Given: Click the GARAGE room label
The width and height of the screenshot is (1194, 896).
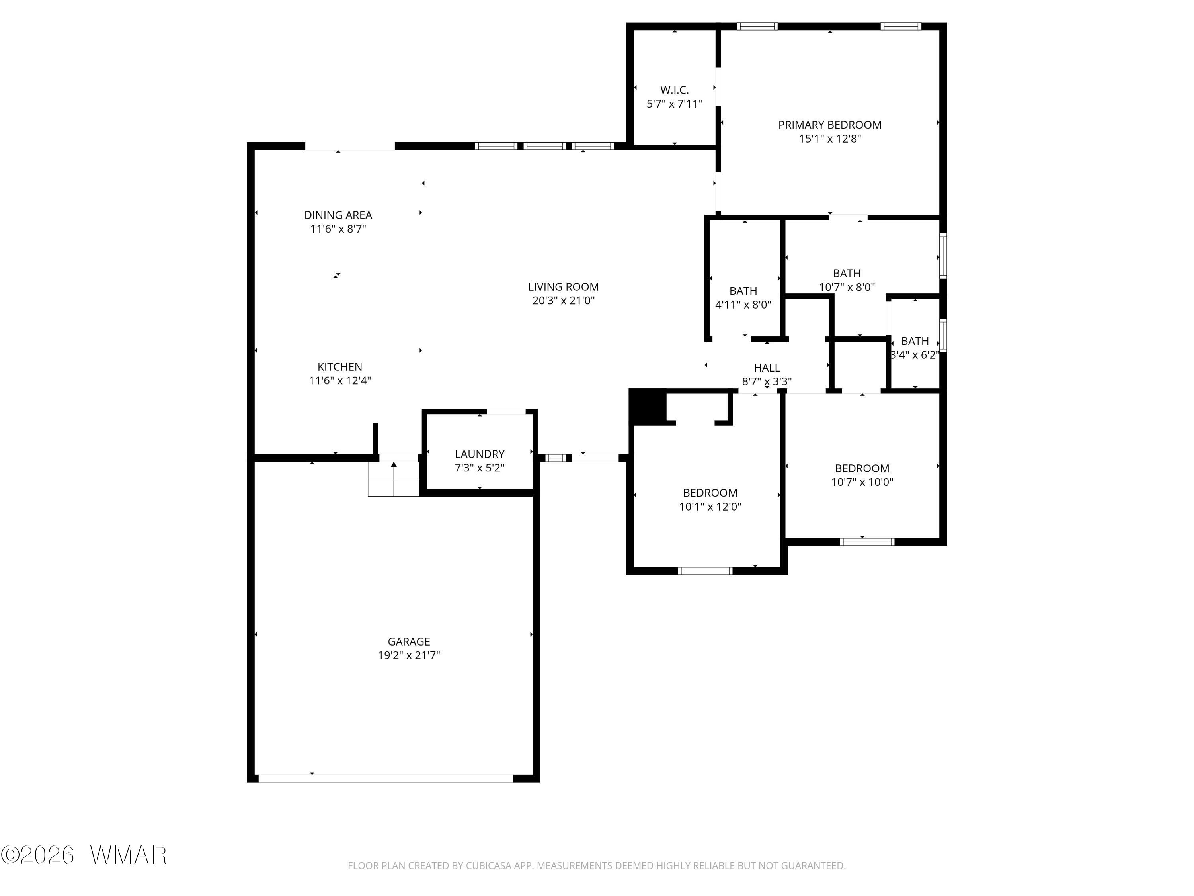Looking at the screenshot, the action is tap(409, 642).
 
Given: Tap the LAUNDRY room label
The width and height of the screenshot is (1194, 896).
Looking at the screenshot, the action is tap(479, 454).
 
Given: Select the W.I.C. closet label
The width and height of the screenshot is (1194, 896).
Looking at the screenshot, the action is tap(674, 90).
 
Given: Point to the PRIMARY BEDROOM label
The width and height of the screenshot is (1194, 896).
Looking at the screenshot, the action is tap(830, 125).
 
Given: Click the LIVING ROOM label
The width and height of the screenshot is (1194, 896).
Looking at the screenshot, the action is tap(563, 287).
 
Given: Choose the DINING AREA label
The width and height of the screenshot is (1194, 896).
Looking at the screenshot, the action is tap(338, 215).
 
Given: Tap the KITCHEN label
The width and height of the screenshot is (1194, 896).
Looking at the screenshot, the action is tap(339, 367).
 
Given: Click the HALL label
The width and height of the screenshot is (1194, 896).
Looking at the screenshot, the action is tap(767, 368).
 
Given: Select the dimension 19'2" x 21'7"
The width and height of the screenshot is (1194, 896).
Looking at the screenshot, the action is tap(409, 655).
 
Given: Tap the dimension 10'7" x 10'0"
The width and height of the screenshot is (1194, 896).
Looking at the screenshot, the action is tap(862, 482).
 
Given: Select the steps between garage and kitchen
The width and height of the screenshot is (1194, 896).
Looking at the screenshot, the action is tap(394, 479).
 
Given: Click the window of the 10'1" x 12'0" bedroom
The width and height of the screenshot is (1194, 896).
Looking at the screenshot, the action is tap(705, 571).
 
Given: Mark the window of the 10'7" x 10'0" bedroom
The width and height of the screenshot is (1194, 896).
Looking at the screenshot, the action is tap(867, 542).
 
